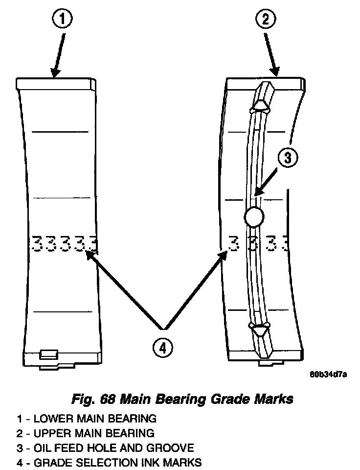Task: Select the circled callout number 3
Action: click(288, 158)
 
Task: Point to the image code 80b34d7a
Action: click(328, 375)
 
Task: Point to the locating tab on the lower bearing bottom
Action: click(49, 353)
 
